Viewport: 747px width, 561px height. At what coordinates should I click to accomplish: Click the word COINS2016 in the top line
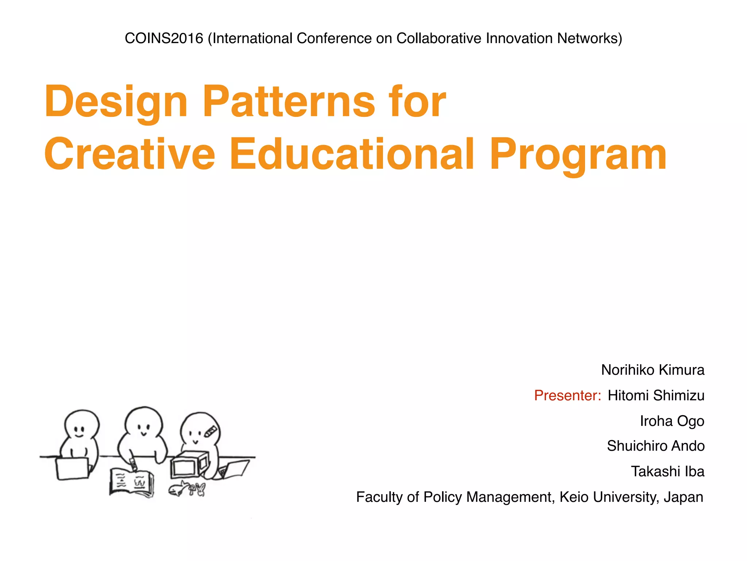click(x=164, y=38)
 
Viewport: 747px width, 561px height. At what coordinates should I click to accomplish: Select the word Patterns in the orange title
click(x=289, y=102)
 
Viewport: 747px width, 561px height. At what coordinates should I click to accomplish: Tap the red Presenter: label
click(x=567, y=396)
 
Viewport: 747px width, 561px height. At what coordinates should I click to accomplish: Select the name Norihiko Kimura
click(x=653, y=370)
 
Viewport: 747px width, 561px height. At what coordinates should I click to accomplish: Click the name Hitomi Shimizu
click(x=656, y=396)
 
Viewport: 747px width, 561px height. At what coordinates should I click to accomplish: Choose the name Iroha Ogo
click(x=672, y=421)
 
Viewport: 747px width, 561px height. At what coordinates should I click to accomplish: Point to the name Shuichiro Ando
click(x=655, y=446)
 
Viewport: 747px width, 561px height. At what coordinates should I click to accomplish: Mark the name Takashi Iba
click(x=667, y=472)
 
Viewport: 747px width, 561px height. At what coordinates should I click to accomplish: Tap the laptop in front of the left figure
click(x=73, y=468)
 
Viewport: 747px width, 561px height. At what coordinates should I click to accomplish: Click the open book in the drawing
click(x=131, y=483)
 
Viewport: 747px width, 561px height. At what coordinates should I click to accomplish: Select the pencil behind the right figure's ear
click(x=211, y=431)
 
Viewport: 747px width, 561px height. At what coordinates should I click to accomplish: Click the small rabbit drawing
click(x=200, y=489)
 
